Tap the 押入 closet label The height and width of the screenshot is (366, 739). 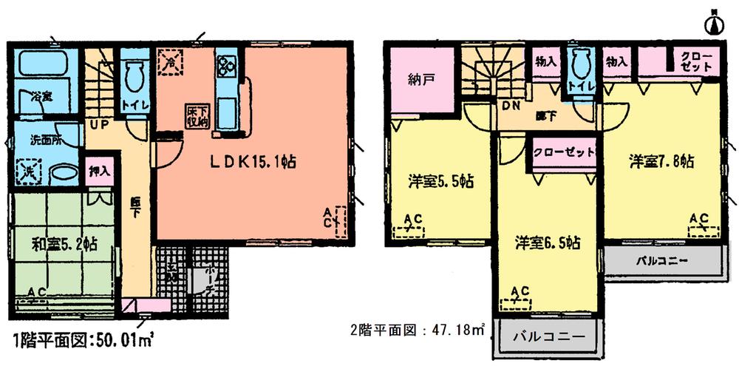pyautogui.click(x=100, y=170)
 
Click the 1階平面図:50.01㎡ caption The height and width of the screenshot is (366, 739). pyautogui.click(x=83, y=341)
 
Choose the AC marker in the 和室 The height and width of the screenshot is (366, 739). pyautogui.click(x=36, y=295)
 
